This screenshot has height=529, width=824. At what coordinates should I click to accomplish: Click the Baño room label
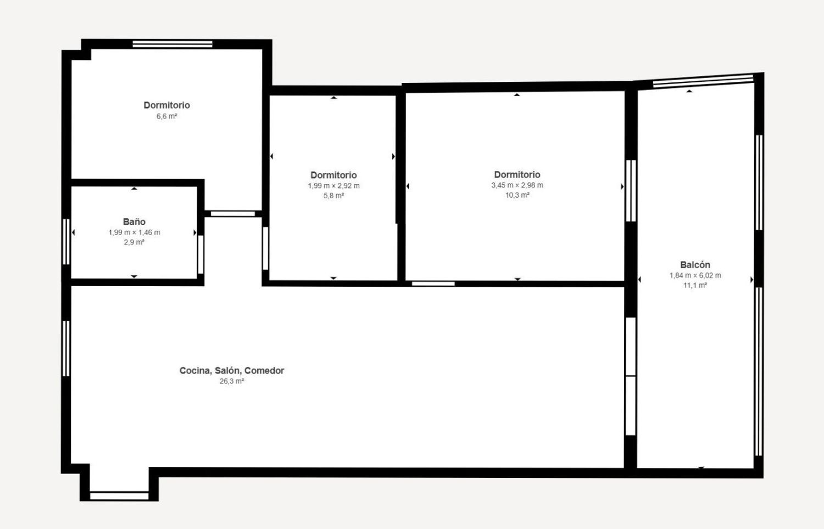click(x=134, y=221)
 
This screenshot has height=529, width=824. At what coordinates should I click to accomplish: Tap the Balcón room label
click(x=695, y=265)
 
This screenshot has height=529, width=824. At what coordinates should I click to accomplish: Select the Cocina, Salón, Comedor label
click(x=232, y=370)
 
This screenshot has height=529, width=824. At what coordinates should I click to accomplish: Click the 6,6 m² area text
click(x=166, y=116)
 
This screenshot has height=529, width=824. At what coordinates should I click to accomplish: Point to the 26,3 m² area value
click(x=232, y=381)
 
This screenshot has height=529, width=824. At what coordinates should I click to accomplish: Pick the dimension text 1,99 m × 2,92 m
click(x=333, y=186)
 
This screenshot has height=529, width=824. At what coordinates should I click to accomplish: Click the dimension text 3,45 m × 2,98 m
click(x=517, y=185)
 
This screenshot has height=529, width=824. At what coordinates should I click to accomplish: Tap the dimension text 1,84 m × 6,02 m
click(x=695, y=275)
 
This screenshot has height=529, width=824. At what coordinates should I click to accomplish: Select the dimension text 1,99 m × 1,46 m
click(x=134, y=232)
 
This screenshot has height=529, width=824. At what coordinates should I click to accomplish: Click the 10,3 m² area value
click(x=517, y=195)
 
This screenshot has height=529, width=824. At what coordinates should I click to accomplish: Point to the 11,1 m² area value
click(x=695, y=285)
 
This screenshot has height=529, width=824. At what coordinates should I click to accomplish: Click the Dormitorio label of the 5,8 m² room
click(x=333, y=175)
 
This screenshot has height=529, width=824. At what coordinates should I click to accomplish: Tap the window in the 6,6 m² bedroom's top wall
click(x=172, y=44)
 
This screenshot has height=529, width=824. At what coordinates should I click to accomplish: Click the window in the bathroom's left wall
click(x=66, y=242)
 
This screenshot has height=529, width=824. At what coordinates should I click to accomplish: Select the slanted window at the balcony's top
click(x=703, y=81)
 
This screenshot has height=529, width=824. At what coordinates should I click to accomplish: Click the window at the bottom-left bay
click(x=119, y=496)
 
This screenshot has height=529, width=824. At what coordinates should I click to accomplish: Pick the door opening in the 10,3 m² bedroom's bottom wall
click(x=433, y=283)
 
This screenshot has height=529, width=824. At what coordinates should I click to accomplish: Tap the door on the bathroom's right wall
click(x=201, y=254)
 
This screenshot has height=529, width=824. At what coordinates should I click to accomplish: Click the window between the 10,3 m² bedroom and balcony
click(x=631, y=191)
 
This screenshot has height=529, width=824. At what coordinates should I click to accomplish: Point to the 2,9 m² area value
click(x=134, y=242)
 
